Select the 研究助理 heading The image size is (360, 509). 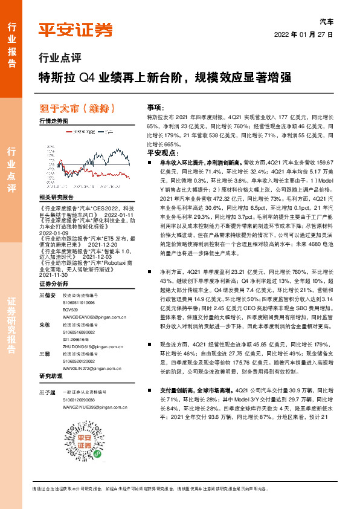(51, 375)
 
